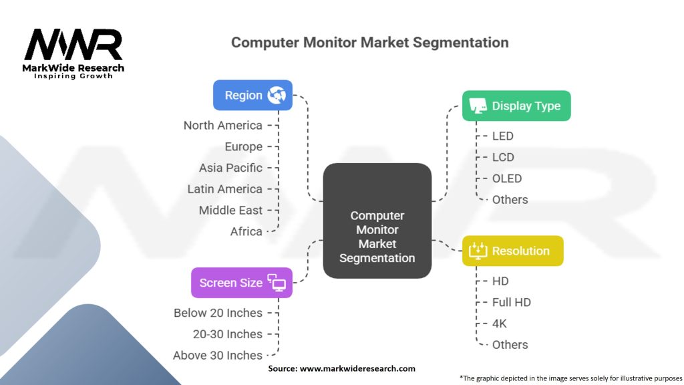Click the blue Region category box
tap(252, 95)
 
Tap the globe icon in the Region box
tap(277, 95)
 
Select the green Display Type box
tap(516, 106)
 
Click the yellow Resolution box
tap(512, 251)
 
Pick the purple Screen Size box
tap(242, 283)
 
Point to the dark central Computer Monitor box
tap(377, 221)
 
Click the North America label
tap(223, 125)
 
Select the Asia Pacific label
tap(230, 168)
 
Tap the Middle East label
tap(230, 210)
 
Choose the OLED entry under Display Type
tap(507, 178)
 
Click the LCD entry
tap(503, 157)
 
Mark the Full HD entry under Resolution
tap(511, 302)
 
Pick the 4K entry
tap(500, 324)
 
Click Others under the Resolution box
tap(510, 345)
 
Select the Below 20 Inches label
tap(218, 313)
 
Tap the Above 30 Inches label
tap(218, 356)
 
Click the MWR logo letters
tap(73, 45)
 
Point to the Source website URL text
tap(357, 368)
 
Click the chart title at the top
tap(370, 42)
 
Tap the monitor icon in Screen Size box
tap(277, 283)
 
